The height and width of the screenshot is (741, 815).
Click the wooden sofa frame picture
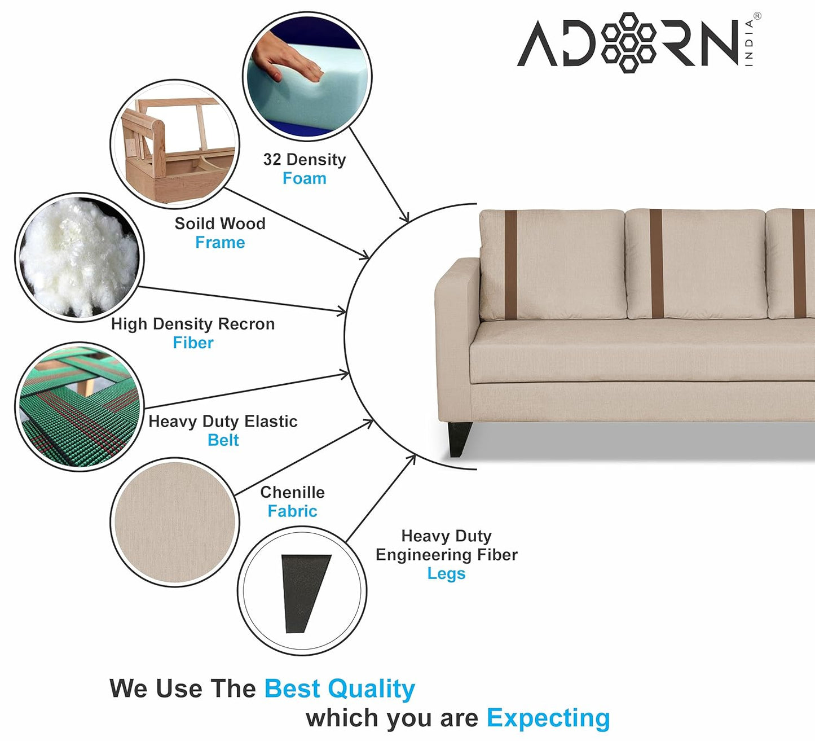[x=175, y=147]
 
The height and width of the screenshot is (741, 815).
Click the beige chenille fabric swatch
[x=175, y=522]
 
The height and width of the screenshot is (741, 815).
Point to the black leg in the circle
[x=305, y=593]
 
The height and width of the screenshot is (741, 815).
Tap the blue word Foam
[x=304, y=178]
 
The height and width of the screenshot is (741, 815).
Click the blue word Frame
[x=220, y=243]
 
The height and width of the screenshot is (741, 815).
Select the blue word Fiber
[x=193, y=343]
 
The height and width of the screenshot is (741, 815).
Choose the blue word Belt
[x=223, y=440]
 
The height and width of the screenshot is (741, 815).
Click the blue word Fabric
[x=292, y=511]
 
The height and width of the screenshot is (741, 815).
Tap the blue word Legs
[x=446, y=574]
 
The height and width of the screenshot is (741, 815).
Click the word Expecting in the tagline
[x=548, y=718]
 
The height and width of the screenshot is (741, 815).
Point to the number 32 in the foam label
[x=272, y=160]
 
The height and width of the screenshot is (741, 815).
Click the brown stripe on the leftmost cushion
[x=510, y=265]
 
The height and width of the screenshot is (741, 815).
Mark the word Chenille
[x=292, y=492]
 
